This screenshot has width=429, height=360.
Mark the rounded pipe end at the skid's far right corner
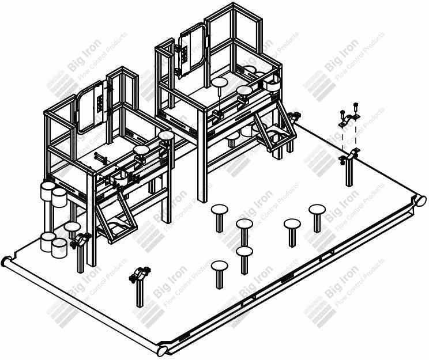[x=422, y=200]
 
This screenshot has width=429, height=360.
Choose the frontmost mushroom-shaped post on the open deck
[x=220, y=274]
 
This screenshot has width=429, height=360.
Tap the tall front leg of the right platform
[x=202, y=156]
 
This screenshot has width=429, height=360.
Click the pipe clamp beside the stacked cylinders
[x=80, y=241]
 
